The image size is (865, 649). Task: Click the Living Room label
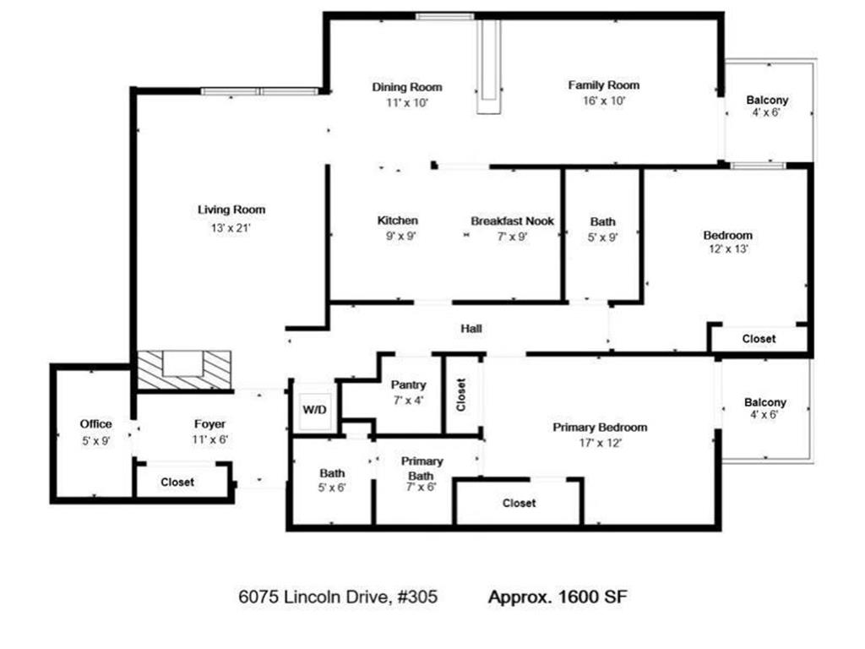pyautogui.click(x=231, y=210)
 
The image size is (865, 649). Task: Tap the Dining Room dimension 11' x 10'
pyautogui.click(x=407, y=102)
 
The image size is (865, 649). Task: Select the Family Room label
pyautogui.click(x=603, y=85)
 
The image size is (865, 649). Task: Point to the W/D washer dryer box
pyautogui.click(x=314, y=410)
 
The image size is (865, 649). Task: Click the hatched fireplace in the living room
pyautogui.click(x=184, y=371)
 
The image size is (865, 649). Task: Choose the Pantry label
pyautogui.click(x=408, y=385)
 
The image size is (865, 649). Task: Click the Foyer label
pyautogui.click(x=209, y=424)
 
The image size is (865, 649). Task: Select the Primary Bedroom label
pyautogui.click(x=600, y=427)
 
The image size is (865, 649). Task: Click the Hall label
pyautogui.click(x=471, y=328)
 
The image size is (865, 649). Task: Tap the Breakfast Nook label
pyautogui.click(x=512, y=221)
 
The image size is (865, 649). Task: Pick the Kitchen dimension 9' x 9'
pyautogui.click(x=397, y=237)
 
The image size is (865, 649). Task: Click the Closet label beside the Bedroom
pyautogui.click(x=759, y=339)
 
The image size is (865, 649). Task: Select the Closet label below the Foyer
pyautogui.click(x=177, y=482)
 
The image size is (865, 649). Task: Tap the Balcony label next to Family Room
pyautogui.click(x=767, y=100)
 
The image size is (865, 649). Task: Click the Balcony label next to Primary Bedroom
pyautogui.click(x=764, y=402)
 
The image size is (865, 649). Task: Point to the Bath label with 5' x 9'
pyautogui.click(x=602, y=221)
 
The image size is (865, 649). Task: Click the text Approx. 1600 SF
pyautogui.click(x=558, y=597)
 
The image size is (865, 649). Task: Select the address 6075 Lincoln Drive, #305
pyautogui.click(x=338, y=597)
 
